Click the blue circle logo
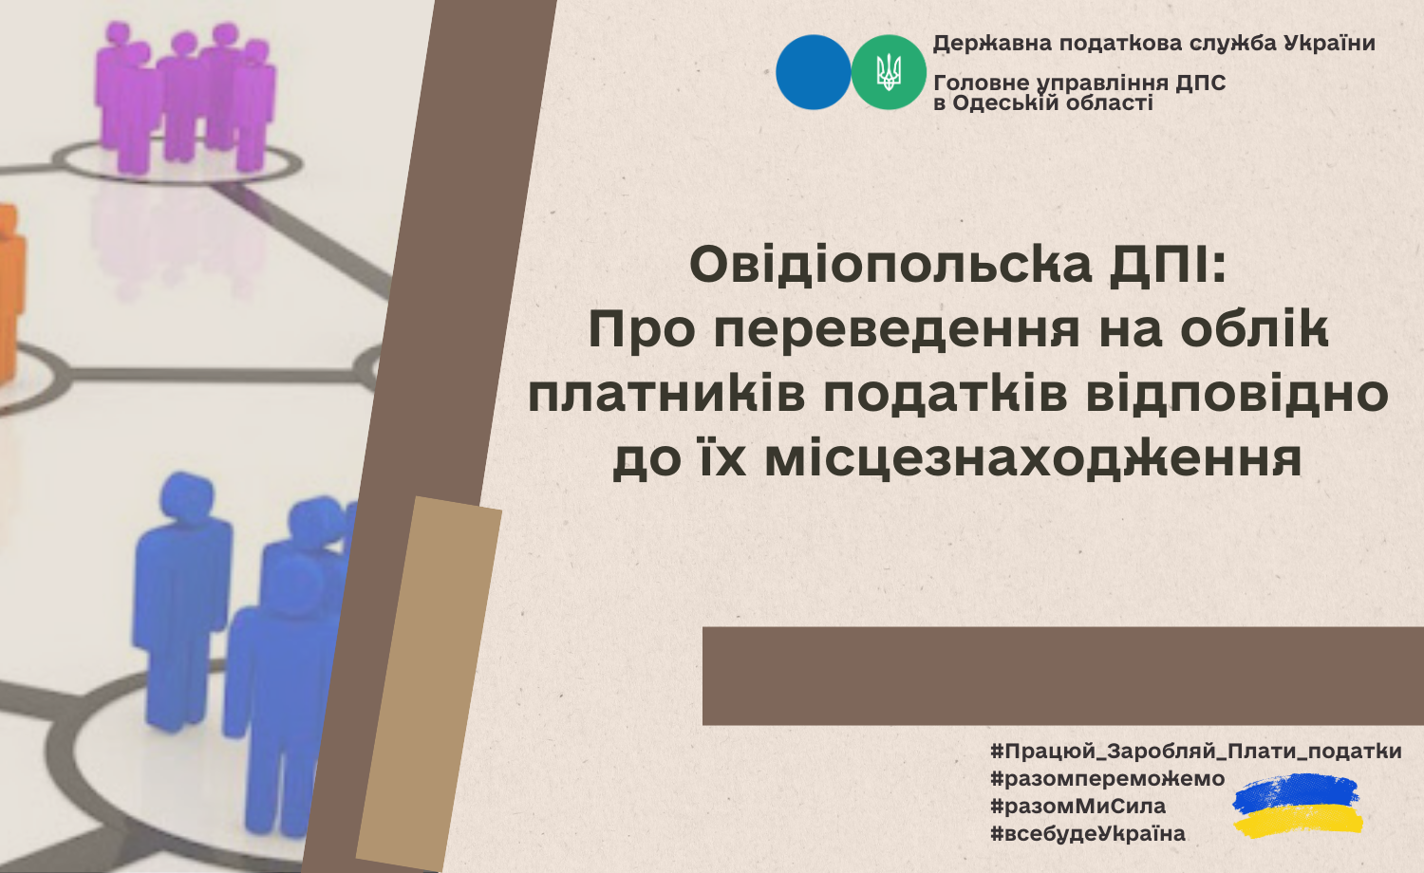pyautogui.click(x=813, y=72)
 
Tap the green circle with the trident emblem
pyautogui.click(x=888, y=72)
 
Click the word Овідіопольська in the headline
pyautogui.click(x=890, y=266)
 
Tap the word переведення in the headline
pyautogui.click(x=897, y=330)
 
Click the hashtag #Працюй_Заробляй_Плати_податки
pyautogui.click(x=1196, y=752)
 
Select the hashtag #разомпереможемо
pyautogui.click(x=1108, y=779)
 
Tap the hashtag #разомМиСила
pyautogui.click(x=1078, y=807)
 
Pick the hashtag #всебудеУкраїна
pyautogui.click(x=1088, y=833)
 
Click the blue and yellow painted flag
pyautogui.click(x=1298, y=806)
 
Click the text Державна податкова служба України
pyautogui.click(x=1153, y=44)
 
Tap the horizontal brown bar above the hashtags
pyautogui.click(x=1063, y=676)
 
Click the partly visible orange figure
pyautogui.click(x=9, y=293)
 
